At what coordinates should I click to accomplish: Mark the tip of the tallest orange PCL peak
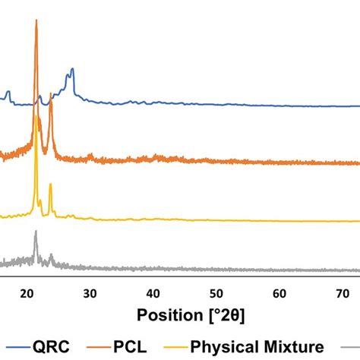(x=36, y=21)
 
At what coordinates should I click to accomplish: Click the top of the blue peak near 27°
(x=72, y=69)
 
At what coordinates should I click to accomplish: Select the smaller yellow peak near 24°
(x=50, y=185)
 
